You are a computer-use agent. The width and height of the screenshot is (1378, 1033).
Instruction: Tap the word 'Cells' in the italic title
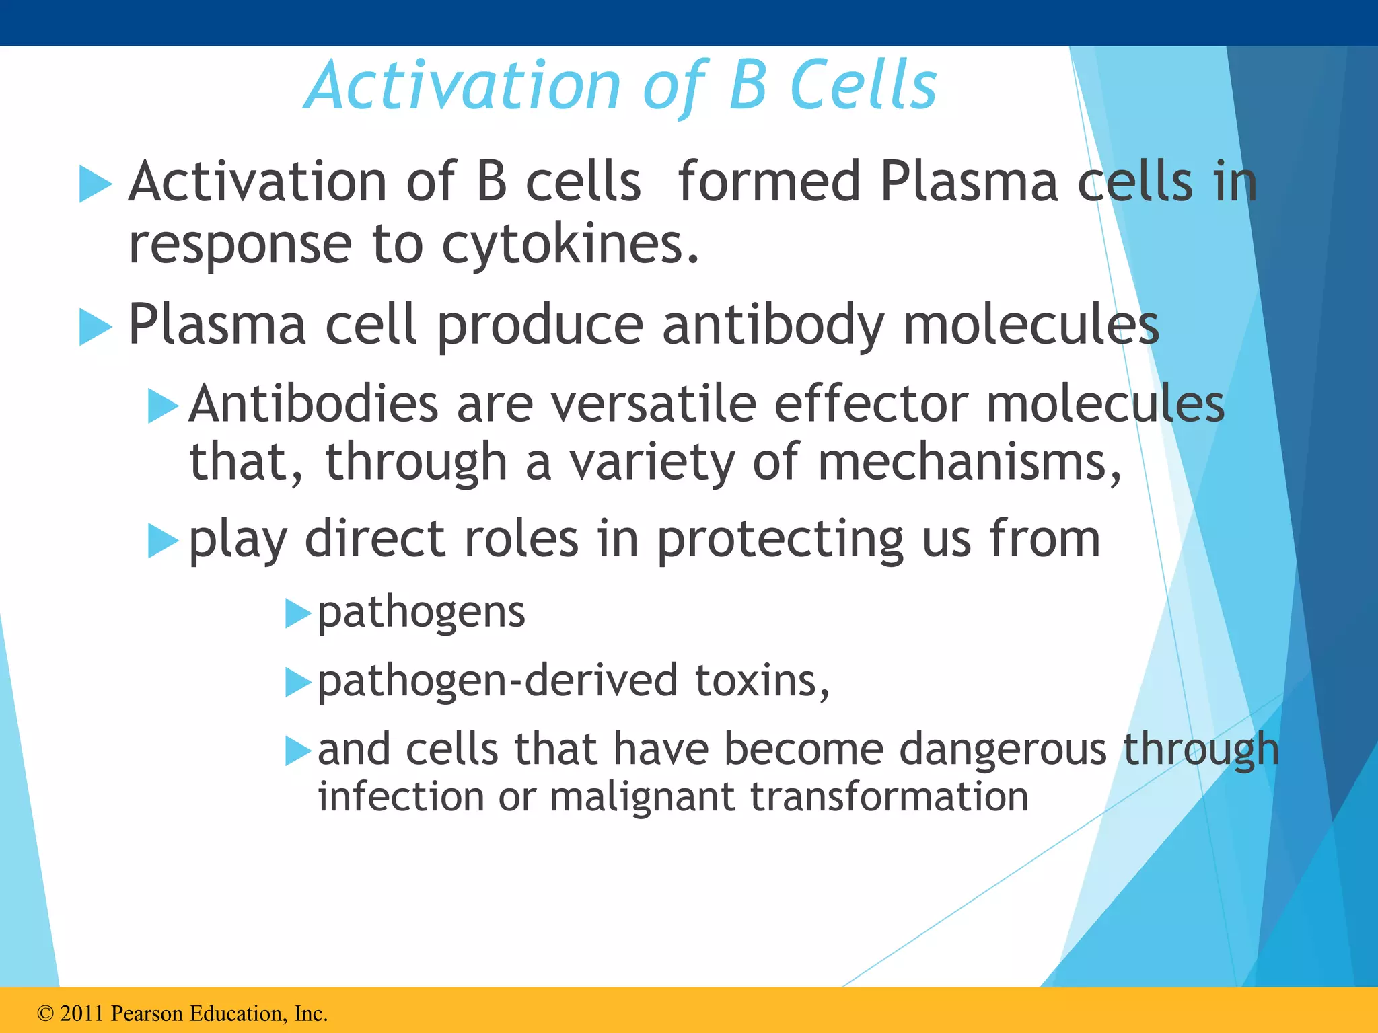point(864,85)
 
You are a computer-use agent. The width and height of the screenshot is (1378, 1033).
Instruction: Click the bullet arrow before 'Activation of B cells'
point(95,184)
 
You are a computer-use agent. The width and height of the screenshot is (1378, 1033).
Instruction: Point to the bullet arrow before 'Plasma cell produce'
point(95,327)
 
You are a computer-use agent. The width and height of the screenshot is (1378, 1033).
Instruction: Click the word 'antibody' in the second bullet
point(773,326)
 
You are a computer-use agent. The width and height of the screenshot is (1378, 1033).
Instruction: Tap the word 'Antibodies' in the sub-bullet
point(314,404)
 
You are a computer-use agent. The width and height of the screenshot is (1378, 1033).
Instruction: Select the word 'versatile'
point(653,404)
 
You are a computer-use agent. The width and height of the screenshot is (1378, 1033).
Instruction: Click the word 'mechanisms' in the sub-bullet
point(962,463)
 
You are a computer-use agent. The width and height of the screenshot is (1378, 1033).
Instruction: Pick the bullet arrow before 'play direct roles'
point(163,541)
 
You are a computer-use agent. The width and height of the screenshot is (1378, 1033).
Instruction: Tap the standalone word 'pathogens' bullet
point(421,613)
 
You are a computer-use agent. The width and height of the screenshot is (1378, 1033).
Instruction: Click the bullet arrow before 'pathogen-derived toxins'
point(297,683)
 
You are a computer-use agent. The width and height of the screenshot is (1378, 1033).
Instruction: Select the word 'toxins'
point(760,681)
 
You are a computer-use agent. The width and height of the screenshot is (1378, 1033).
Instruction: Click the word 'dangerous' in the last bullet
point(1003,749)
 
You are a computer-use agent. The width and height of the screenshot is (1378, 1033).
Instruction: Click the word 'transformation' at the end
point(889,797)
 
